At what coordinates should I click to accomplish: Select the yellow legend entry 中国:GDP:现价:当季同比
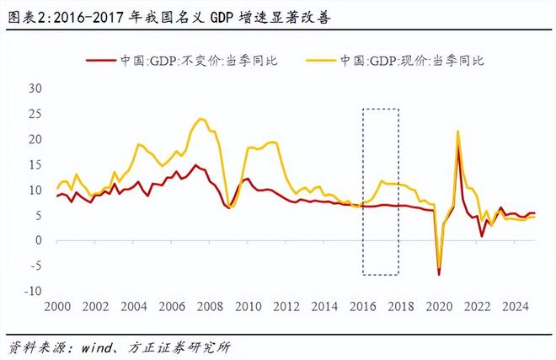413,60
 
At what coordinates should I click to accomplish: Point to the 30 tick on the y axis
35,89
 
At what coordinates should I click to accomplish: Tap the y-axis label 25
35,114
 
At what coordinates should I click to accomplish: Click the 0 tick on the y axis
39,240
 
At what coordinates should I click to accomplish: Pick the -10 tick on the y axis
34,291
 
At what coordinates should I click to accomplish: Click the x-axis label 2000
57,307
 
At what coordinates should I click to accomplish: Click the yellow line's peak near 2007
200,119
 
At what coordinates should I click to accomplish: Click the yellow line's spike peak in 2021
457,132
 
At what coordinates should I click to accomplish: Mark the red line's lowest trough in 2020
439,274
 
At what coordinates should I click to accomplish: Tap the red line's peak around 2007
195,165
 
